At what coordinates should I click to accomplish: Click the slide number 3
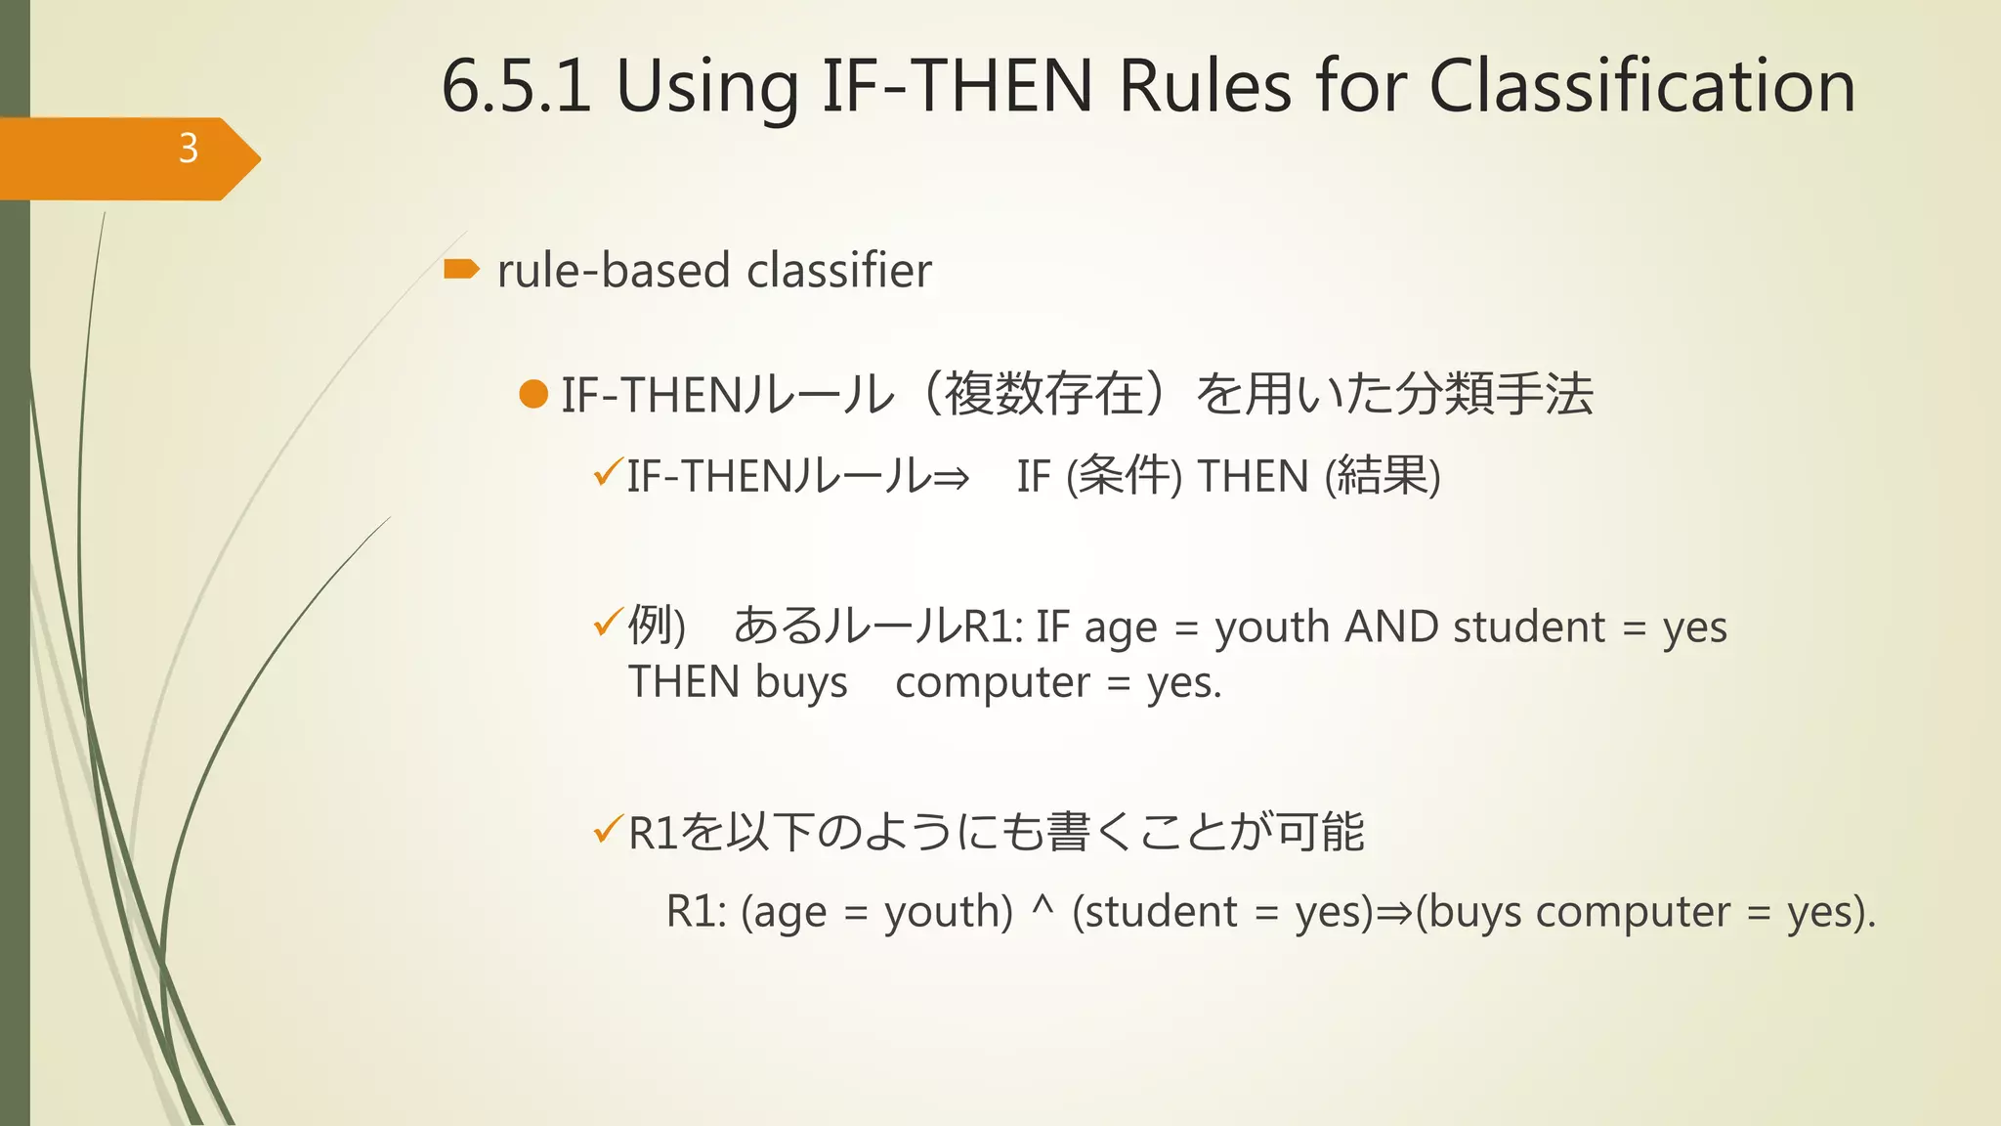(x=189, y=149)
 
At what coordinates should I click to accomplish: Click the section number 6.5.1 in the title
(x=516, y=86)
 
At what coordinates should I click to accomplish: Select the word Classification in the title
(x=1641, y=86)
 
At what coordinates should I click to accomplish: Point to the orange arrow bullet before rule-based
(x=461, y=269)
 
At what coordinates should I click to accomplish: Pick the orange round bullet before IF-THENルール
(x=533, y=394)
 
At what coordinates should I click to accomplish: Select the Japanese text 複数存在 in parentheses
(x=1044, y=394)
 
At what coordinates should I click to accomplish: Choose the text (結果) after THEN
(x=1383, y=476)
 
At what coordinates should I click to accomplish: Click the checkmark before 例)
(x=607, y=622)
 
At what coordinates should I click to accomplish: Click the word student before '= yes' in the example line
(x=1529, y=627)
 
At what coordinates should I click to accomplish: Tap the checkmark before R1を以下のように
(x=607, y=830)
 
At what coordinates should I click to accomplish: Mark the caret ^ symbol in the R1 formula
(x=1043, y=907)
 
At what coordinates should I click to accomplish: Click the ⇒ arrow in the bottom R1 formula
(x=1394, y=913)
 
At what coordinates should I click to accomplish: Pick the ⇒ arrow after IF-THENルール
(x=951, y=478)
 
